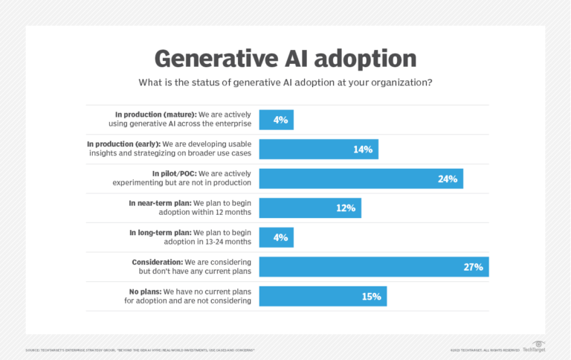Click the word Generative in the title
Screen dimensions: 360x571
(x=200, y=59)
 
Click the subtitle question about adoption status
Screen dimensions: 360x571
(x=285, y=83)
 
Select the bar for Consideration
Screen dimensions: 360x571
(x=373, y=266)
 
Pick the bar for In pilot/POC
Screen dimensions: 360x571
(x=361, y=179)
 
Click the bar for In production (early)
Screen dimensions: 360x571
(x=318, y=149)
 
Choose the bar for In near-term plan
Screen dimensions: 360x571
(x=310, y=208)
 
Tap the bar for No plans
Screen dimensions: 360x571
(x=323, y=296)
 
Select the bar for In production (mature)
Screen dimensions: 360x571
(x=276, y=120)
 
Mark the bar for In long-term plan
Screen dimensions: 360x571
(x=276, y=237)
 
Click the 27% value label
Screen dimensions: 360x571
(x=473, y=266)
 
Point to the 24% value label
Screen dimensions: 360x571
(x=448, y=179)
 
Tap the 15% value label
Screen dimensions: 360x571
(x=371, y=296)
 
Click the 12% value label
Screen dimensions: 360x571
(x=346, y=208)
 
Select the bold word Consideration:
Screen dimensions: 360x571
(x=158, y=262)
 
